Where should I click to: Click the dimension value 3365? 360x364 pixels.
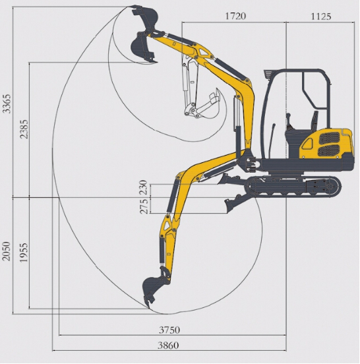point(7,104)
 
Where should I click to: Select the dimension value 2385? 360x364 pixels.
point(24,129)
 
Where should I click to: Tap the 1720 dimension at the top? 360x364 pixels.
point(235,16)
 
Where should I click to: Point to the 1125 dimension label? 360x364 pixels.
point(321,16)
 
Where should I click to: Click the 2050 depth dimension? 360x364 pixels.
point(7,251)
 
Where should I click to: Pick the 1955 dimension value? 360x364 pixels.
point(24,253)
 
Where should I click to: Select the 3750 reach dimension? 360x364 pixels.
point(169,330)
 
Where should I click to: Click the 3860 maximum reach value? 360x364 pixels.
point(168,346)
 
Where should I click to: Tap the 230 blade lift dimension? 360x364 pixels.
point(143,187)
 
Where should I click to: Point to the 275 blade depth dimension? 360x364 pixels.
point(144,206)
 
